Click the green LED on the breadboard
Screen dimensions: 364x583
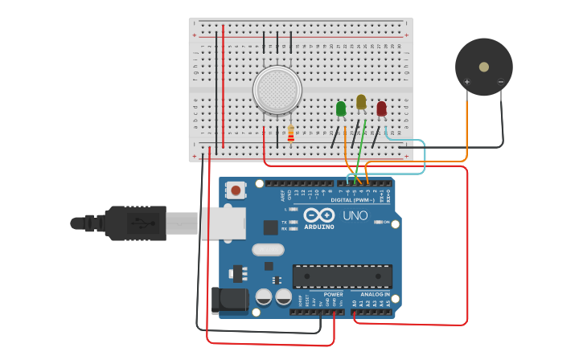point(341,108)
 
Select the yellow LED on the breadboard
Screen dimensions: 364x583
point(361,102)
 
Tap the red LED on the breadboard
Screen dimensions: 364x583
point(381,108)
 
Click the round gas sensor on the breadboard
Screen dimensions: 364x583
point(277,89)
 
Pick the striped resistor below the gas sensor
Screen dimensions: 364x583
point(290,134)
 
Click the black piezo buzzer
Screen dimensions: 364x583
point(483,67)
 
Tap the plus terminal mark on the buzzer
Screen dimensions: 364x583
point(467,81)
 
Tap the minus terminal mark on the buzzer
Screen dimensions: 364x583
point(500,81)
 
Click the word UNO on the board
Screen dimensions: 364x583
point(355,215)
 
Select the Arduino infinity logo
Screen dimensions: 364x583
point(319,215)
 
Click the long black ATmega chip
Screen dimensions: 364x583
point(342,276)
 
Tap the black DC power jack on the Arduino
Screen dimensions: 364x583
point(228,300)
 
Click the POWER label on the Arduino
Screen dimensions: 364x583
point(333,294)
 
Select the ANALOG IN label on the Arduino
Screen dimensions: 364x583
point(374,294)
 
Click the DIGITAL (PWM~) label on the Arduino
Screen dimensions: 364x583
point(352,200)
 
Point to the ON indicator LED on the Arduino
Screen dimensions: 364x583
point(377,222)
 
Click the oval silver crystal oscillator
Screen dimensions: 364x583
point(268,250)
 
